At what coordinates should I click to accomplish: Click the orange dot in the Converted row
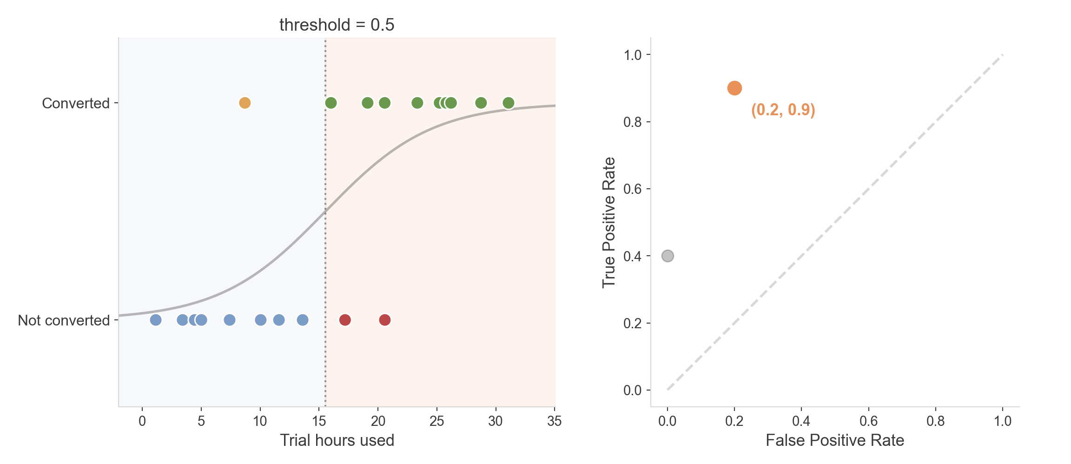pyautogui.click(x=245, y=103)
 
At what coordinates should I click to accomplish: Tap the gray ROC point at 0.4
pyautogui.click(x=668, y=256)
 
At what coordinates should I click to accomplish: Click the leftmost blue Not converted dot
pyautogui.click(x=156, y=320)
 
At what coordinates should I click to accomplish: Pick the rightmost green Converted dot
pyautogui.click(x=509, y=103)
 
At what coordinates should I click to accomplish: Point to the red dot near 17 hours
pyautogui.click(x=345, y=320)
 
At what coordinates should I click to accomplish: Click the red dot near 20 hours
pyautogui.click(x=384, y=320)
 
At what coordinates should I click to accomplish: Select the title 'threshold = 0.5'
pyautogui.click(x=337, y=25)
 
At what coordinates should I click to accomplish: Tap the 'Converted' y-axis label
pyautogui.click(x=76, y=103)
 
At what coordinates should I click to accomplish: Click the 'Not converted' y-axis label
pyautogui.click(x=64, y=320)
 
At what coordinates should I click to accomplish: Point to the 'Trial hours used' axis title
pyautogui.click(x=337, y=440)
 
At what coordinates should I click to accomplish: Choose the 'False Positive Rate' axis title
pyautogui.click(x=835, y=440)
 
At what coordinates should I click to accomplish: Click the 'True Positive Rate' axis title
pyautogui.click(x=609, y=222)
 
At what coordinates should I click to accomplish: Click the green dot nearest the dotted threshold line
pyautogui.click(x=331, y=103)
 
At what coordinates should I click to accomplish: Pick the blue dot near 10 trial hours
pyautogui.click(x=261, y=320)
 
